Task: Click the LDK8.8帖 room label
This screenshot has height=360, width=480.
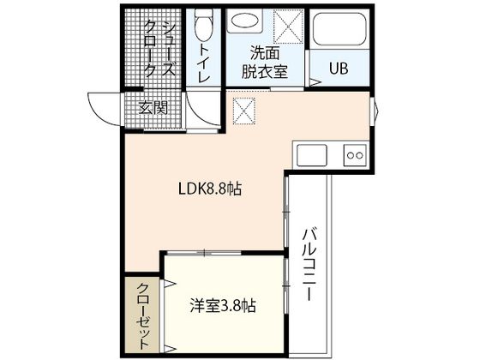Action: pos(208,189)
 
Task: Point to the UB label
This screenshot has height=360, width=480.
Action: pos(339,67)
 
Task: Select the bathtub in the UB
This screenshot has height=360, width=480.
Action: pos(339,32)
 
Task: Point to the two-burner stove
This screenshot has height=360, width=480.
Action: pos(354,154)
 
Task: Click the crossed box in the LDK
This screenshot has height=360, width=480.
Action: pos(245,110)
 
